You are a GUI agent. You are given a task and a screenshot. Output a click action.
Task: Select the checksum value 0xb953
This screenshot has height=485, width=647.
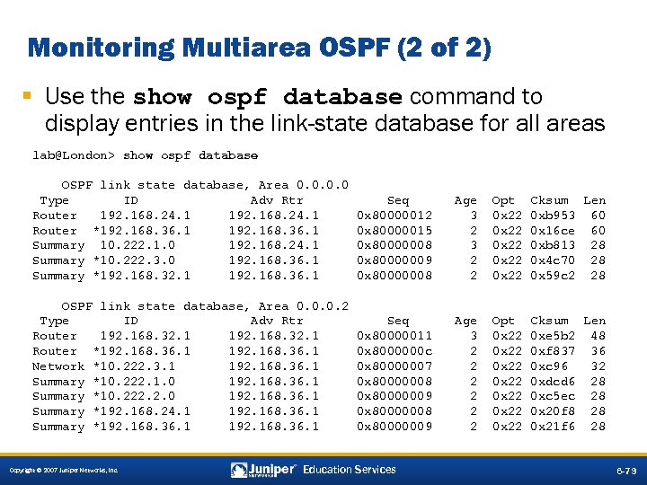(x=553, y=216)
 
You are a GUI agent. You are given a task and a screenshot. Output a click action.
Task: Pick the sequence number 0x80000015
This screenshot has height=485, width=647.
(x=394, y=231)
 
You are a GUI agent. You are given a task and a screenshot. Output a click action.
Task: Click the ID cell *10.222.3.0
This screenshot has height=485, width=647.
(x=134, y=260)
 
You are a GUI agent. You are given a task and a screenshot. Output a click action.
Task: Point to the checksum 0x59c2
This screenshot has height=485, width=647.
(x=553, y=276)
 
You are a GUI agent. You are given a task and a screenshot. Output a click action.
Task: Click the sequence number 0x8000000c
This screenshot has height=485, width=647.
(x=394, y=351)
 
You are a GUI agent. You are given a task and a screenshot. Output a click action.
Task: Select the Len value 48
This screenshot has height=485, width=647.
(x=598, y=336)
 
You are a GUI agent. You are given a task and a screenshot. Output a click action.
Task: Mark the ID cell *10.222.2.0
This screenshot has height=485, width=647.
(x=134, y=396)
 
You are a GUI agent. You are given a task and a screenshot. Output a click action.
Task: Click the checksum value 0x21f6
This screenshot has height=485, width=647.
(x=553, y=427)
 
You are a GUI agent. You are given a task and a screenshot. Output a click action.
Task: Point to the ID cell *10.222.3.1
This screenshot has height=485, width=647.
(x=134, y=366)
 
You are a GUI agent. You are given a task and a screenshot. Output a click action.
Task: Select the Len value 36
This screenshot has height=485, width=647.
(x=598, y=351)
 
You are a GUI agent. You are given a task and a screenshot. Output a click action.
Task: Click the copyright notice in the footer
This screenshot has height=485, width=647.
(x=62, y=471)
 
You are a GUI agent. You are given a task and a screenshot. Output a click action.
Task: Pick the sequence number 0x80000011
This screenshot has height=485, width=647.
(x=394, y=336)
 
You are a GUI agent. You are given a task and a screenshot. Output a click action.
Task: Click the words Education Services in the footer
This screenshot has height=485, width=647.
(x=349, y=470)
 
